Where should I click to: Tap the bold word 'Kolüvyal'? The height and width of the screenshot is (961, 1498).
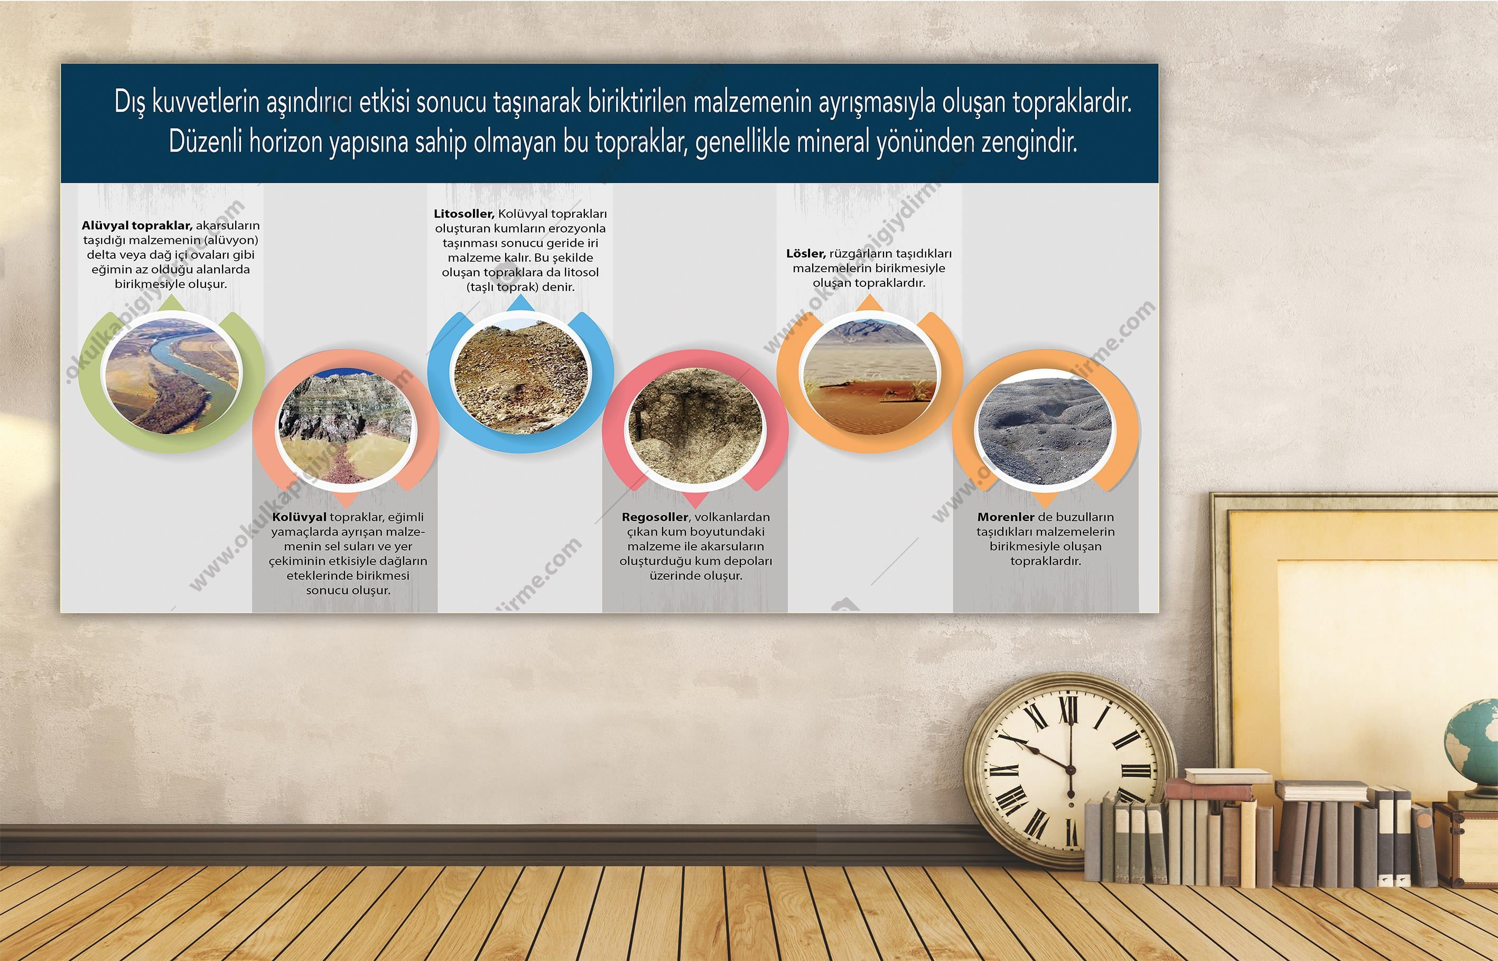click(x=299, y=517)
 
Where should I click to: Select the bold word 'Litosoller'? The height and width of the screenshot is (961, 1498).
click(x=463, y=214)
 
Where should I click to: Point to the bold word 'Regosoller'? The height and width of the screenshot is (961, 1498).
click(x=655, y=517)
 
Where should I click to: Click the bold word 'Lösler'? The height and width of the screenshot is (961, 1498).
click(x=805, y=254)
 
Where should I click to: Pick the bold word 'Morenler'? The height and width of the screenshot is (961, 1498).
click(x=1006, y=517)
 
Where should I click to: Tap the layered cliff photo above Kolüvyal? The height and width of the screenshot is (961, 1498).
click(x=345, y=426)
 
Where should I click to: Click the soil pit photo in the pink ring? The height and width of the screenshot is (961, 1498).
click(x=695, y=426)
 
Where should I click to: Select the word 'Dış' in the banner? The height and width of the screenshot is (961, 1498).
click(x=130, y=102)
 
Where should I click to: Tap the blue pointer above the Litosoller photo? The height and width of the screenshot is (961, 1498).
click(x=520, y=303)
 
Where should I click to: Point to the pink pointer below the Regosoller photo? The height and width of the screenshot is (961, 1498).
click(x=695, y=499)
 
